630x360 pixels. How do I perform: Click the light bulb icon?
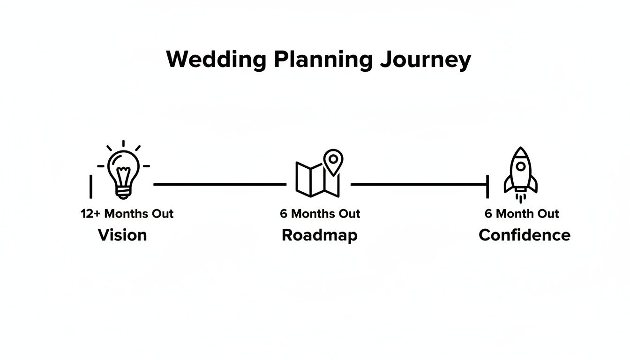click(x=123, y=171)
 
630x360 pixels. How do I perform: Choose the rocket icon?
click(x=520, y=172)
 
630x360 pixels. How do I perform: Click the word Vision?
click(x=122, y=235)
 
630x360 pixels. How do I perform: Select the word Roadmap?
click(x=319, y=235)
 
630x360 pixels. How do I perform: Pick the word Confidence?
click(x=524, y=235)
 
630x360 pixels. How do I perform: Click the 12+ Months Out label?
click(x=127, y=214)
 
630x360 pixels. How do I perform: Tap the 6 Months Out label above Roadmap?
click(x=320, y=214)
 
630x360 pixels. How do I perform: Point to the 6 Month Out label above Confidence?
click(x=522, y=214)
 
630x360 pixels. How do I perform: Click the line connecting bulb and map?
click(x=219, y=185)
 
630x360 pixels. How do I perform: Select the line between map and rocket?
click(x=419, y=185)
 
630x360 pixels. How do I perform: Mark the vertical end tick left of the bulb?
click(x=91, y=187)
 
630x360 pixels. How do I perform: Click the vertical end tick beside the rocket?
click(x=488, y=186)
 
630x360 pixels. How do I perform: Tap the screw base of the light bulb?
click(x=123, y=192)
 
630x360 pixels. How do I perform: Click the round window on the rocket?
click(x=520, y=166)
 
